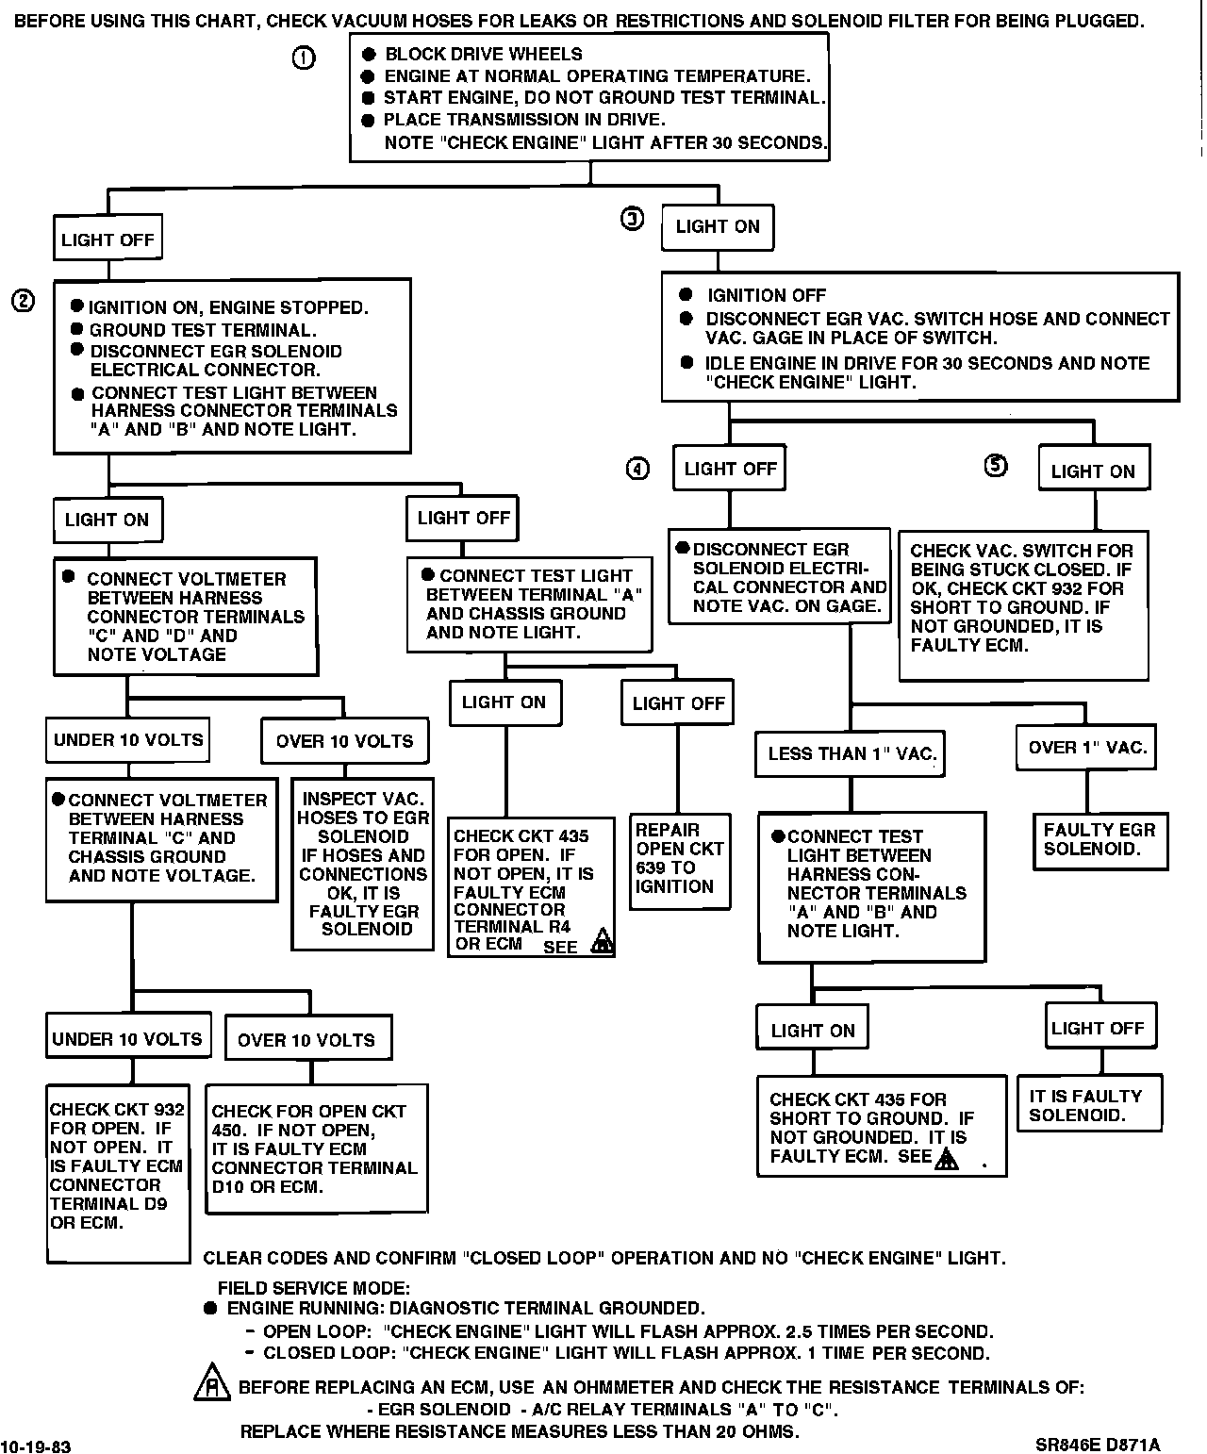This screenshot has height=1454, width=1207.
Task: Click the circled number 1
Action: click(x=304, y=58)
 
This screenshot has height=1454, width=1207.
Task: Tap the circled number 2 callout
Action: click(x=24, y=301)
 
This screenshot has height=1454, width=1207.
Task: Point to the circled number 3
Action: click(x=632, y=219)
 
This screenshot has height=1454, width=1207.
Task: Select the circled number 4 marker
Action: click(x=638, y=469)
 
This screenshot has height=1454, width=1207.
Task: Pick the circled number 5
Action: click(x=996, y=465)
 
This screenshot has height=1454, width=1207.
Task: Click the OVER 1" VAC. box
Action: click(x=1087, y=748)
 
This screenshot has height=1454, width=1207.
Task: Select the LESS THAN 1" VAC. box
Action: click(x=852, y=753)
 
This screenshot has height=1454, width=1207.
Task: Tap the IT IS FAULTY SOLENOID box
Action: click(x=1087, y=1105)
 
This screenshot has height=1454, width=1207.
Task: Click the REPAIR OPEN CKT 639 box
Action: click(x=679, y=859)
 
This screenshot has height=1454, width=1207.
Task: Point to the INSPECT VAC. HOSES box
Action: click(x=364, y=864)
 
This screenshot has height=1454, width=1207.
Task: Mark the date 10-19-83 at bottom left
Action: click(x=35, y=1445)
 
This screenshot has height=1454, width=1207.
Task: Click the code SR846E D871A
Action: click(x=1097, y=1445)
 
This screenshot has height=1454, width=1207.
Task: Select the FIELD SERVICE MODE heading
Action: click(x=314, y=1288)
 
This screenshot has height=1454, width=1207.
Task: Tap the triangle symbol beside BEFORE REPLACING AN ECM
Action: click(x=212, y=1383)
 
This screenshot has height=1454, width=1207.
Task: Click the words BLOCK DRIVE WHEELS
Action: click(x=484, y=55)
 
